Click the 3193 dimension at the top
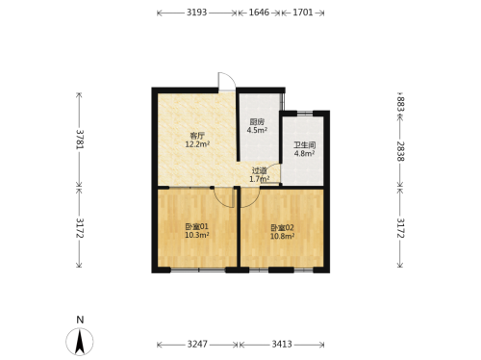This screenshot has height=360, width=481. click(x=197, y=13)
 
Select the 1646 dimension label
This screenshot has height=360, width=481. click(x=259, y=13)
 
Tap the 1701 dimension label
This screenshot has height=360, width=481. click(x=303, y=13)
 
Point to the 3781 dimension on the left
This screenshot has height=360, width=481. click(x=80, y=140)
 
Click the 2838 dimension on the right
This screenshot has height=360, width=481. click(x=400, y=151)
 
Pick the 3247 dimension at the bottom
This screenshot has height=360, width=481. click(x=197, y=345)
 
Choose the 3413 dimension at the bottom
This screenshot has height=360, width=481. click(x=282, y=345)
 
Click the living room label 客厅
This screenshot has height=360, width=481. click(x=197, y=137)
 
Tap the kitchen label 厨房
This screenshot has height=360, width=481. click(x=257, y=122)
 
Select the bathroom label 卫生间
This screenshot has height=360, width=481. click(x=304, y=145)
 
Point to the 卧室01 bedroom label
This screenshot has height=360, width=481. click(x=197, y=227)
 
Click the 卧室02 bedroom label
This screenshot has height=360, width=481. click(x=282, y=228)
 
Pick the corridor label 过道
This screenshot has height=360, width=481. click(x=259, y=171)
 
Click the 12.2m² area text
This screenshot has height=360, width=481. click(x=197, y=144)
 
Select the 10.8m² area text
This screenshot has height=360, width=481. click(x=283, y=236)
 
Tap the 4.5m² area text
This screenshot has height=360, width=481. click(x=257, y=130)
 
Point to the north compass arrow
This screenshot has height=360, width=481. click(x=80, y=343)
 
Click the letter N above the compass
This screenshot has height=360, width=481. click(x=80, y=320)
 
